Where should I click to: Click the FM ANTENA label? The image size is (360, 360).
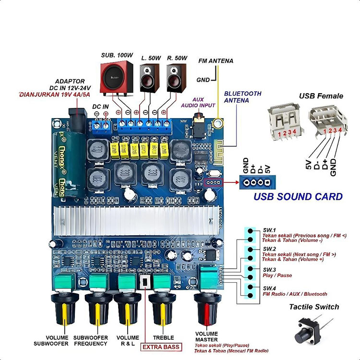pos(216,61)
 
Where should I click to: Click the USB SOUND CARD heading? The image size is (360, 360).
pos(298,196)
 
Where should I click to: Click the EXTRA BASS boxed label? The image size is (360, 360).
pos(161,347)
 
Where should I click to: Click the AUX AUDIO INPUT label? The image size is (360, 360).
pos(198,103)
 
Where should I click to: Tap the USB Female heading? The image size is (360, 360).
pos(321,96)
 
